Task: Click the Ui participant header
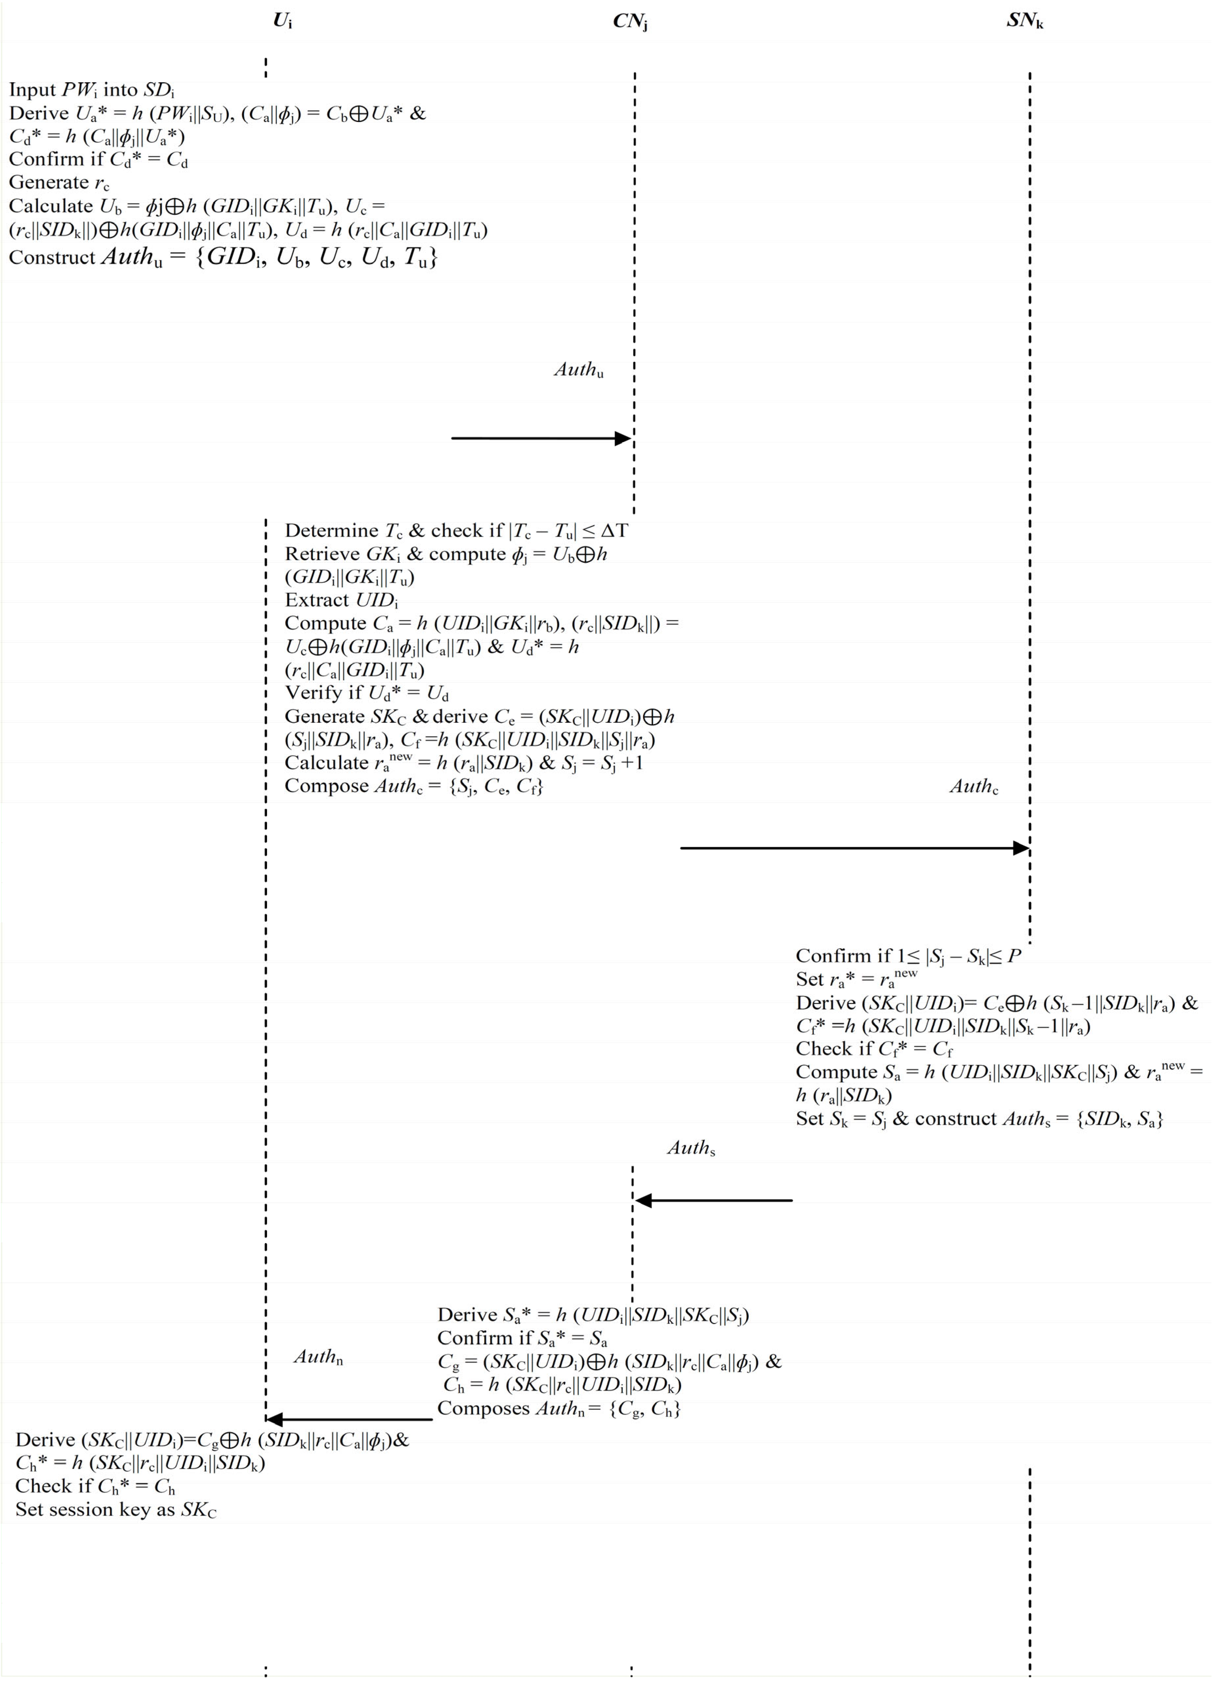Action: pyautogui.click(x=282, y=21)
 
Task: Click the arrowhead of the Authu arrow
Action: pyautogui.click(x=623, y=438)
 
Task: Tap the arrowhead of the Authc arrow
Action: pyautogui.click(x=1021, y=848)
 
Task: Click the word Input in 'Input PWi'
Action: pyautogui.click(x=32, y=90)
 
